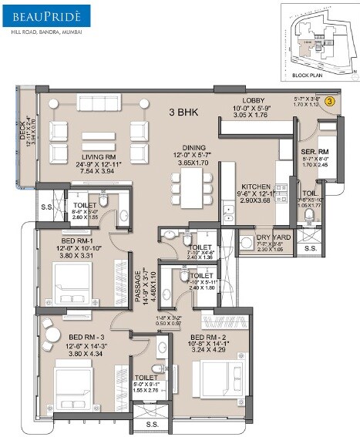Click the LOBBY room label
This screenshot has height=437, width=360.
click(x=254, y=100)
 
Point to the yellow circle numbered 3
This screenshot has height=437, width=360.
click(x=329, y=100)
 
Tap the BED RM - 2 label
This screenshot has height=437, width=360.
click(x=210, y=338)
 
